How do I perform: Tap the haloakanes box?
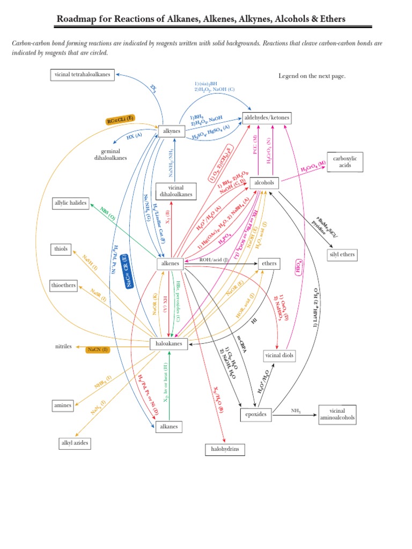tap(168, 344)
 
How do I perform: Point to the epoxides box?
tap(256, 414)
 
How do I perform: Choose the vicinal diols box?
tap(279, 355)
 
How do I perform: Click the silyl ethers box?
tap(341, 254)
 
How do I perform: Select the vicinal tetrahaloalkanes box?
tap(83, 75)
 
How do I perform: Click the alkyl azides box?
tap(75, 443)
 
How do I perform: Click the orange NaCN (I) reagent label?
tap(98, 350)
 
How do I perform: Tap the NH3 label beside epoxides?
tap(296, 411)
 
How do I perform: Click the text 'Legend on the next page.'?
tap(312, 76)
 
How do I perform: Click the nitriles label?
tap(63, 346)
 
